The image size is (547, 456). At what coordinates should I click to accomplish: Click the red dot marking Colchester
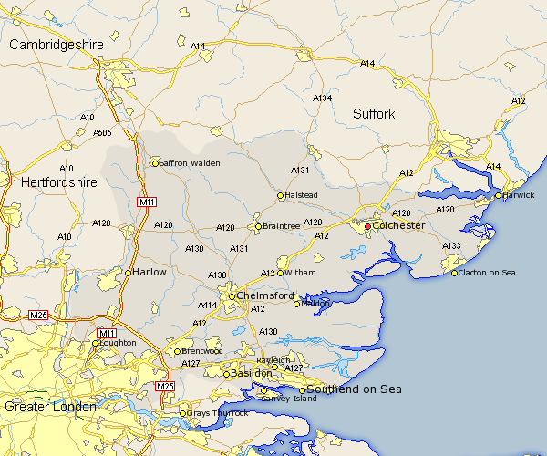(x=368, y=226)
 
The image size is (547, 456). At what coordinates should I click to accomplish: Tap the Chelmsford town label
(x=265, y=296)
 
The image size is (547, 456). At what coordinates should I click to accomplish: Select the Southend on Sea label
(x=355, y=390)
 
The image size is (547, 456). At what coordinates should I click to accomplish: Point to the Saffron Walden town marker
(x=155, y=163)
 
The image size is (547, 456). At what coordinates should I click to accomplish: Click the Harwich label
(x=519, y=196)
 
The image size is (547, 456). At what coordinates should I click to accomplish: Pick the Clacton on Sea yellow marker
(x=455, y=273)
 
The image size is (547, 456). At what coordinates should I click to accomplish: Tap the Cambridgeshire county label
(x=57, y=45)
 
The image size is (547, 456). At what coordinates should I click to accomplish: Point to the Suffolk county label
(x=375, y=114)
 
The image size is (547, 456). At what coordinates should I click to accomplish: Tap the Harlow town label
(x=149, y=272)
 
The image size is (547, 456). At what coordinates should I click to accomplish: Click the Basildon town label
(x=251, y=374)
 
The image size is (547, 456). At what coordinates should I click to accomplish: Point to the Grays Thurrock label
(x=218, y=413)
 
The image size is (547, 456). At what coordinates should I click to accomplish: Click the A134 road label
(x=323, y=98)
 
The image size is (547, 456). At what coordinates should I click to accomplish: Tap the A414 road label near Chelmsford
(x=208, y=306)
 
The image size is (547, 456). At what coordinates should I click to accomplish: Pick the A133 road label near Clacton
(x=452, y=246)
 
